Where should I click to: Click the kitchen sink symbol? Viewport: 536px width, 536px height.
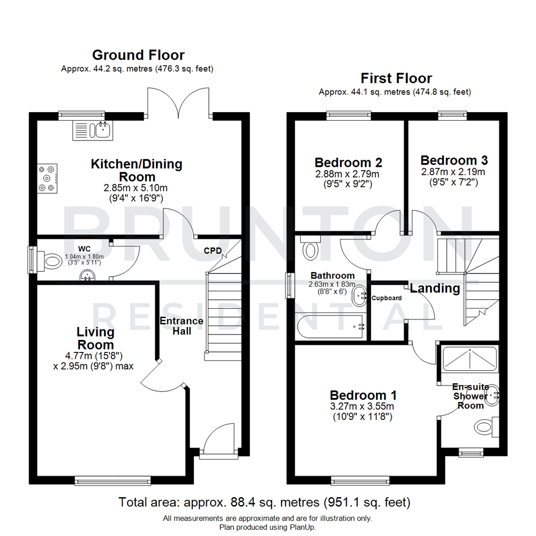(x=93, y=130)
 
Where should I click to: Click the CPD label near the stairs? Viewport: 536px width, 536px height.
(x=213, y=251)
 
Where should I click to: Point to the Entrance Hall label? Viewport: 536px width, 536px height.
(x=181, y=326)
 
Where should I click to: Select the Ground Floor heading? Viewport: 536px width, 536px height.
(x=138, y=55)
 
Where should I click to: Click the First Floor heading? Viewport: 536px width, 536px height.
(x=396, y=78)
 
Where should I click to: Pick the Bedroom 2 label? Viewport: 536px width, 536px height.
(x=348, y=162)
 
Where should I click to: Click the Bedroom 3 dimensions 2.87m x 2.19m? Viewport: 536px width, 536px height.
(x=454, y=172)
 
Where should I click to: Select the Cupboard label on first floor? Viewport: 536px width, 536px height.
(x=387, y=298)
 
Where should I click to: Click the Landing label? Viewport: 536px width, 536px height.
(x=435, y=288)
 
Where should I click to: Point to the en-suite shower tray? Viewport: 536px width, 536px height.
(x=469, y=359)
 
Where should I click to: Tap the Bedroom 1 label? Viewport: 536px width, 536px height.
(x=363, y=395)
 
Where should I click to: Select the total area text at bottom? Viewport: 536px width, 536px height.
(x=265, y=502)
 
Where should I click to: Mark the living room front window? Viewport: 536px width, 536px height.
(x=112, y=480)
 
